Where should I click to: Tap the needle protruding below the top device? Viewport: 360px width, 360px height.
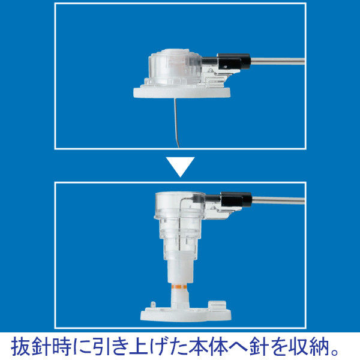tap(176, 123)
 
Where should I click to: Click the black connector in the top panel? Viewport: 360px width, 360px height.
tap(233, 61)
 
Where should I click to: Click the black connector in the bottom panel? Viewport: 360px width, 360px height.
tap(236, 199)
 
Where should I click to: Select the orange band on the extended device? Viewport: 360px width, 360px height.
tap(179, 287)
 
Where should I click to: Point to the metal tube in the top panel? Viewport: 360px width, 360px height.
tap(277, 61)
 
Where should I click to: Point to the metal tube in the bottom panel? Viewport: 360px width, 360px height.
tap(278, 200)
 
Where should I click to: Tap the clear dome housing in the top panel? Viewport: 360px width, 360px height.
tap(175, 66)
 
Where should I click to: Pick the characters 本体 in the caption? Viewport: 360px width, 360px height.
tap(208, 346)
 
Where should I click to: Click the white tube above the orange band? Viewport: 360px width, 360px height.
tap(179, 272)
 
